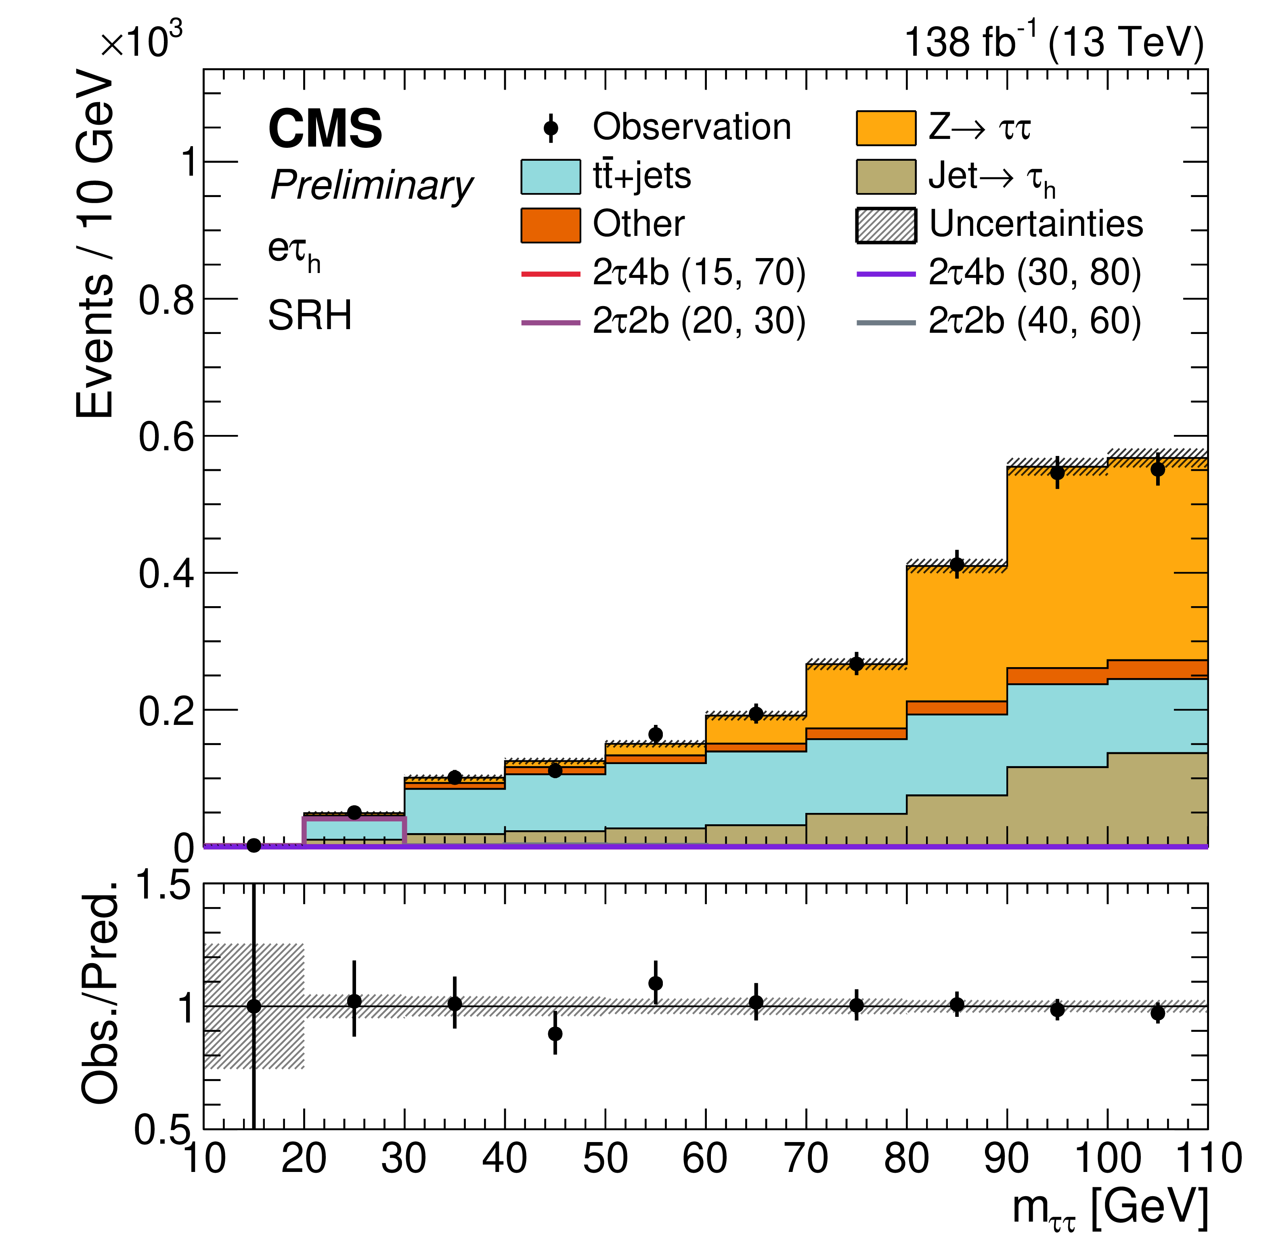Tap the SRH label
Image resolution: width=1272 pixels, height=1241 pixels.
tap(310, 315)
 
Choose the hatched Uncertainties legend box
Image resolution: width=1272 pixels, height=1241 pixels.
tap(886, 225)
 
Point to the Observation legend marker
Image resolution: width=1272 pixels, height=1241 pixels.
tap(551, 127)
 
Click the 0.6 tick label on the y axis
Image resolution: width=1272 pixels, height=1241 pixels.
tap(166, 436)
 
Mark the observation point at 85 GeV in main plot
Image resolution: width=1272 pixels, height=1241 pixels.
tap(957, 565)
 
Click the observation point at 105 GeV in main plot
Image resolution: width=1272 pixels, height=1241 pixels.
tap(1157, 469)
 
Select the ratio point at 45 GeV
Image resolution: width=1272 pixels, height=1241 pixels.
tap(555, 1034)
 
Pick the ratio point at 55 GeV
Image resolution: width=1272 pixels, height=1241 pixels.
tap(656, 983)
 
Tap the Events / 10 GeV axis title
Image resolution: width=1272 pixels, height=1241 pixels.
tap(94, 244)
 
